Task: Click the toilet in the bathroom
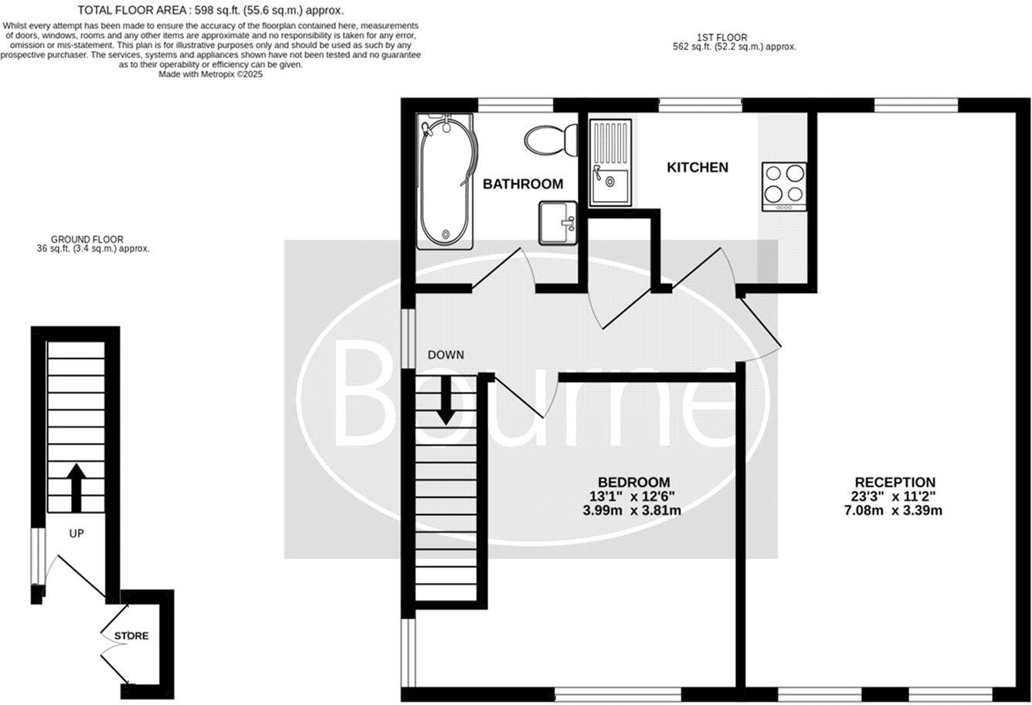pos(551,141)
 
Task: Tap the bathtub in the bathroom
pos(445,182)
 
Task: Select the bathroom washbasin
pos(557,223)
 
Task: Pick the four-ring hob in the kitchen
pos(784,186)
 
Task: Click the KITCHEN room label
pos(698,167)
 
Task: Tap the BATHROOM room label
pos(523,184)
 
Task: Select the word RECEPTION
pos(895,482)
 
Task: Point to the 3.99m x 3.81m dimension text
pos(632,510)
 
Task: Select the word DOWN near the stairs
pos(446,355)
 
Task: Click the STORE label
pos(131,636)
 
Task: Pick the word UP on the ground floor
pos(76,533)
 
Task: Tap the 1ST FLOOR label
pos(711,37)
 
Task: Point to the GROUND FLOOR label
pos(87,240)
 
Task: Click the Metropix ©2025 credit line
pos(211,75)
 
